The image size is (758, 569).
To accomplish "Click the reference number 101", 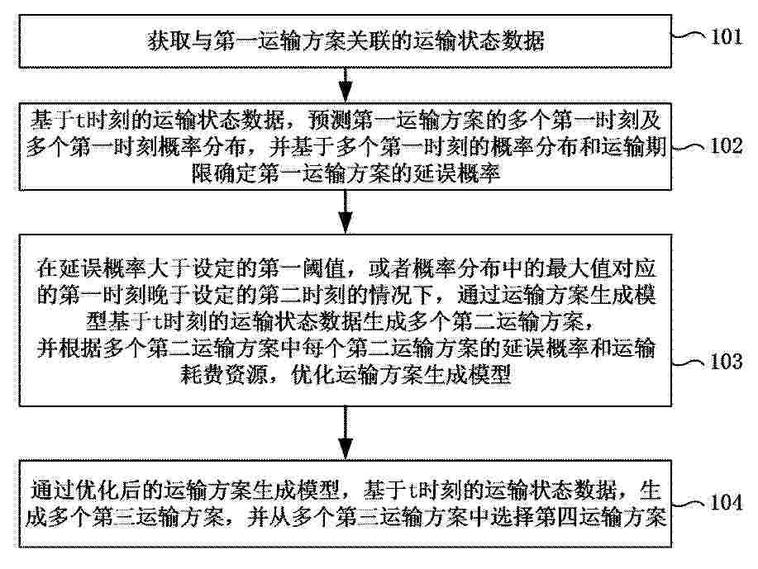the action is pyautogui.click(x=726, y=36).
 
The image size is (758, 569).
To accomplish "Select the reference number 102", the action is pyautogui.click(x=726, y=146).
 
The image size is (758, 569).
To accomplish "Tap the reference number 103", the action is pyautogui.click(x=726, y=361).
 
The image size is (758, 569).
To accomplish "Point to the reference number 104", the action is pyautogui.click(x=726, y=502).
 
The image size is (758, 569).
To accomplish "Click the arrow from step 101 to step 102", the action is pyautogui.click(x=346, y=85).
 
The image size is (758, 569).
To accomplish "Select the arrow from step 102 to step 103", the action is pyautogui.click(x=346, y=212).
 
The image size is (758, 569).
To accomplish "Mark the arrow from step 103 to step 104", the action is pyautogui.click(x=346, y=433).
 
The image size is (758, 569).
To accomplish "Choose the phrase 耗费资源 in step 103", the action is pyautogui.click(x=224, y=374).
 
